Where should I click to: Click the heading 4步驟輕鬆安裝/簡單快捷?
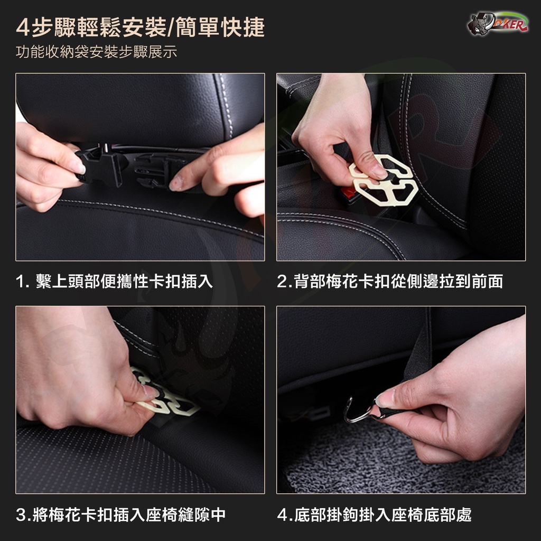click(140, 27)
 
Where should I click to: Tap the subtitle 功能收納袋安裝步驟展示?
click(96, 52)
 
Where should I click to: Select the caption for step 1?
click(114, 281)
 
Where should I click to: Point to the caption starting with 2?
click(390, 281)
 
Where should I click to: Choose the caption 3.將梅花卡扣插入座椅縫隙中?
click(121, 515)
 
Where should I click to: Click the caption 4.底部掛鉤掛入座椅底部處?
click(375, 515)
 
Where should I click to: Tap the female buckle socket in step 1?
click(155, 170)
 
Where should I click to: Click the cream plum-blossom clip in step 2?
click(383, 180)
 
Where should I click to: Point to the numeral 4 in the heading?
click(23, 27)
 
